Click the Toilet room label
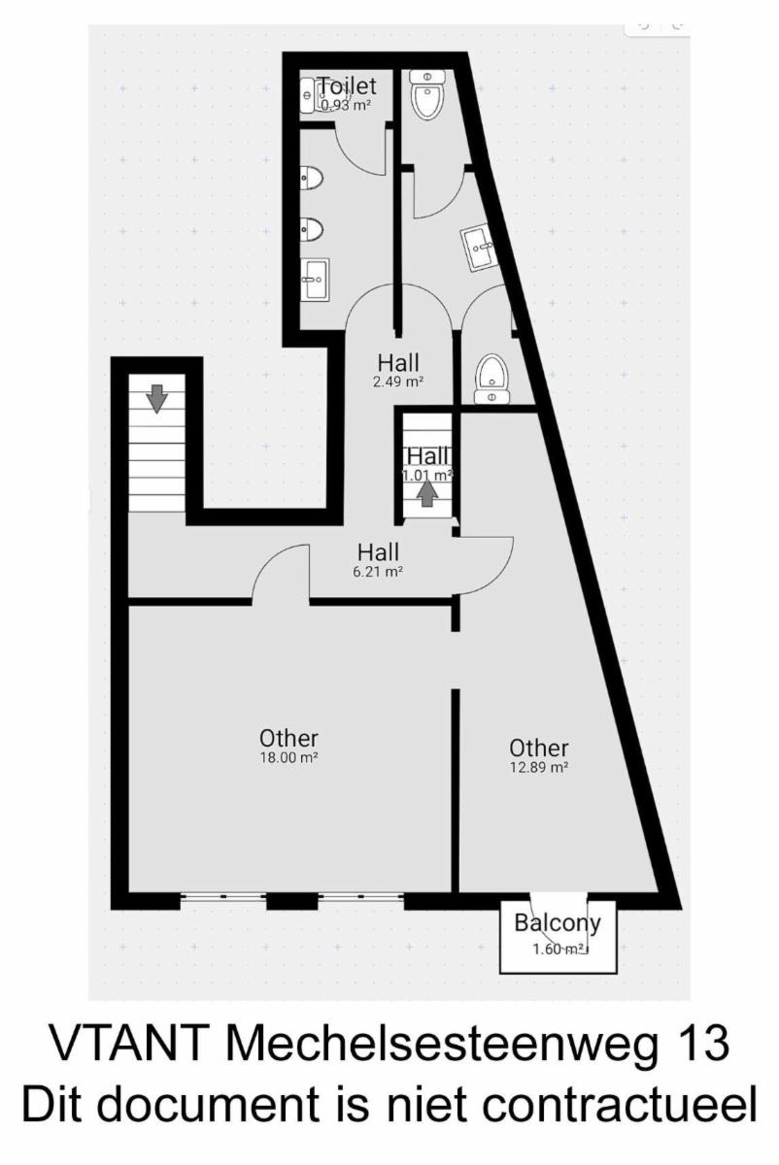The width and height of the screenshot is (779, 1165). point(347,85)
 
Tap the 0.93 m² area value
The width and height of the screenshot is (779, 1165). point(346,106)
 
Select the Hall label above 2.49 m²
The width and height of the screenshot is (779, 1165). point(398,362)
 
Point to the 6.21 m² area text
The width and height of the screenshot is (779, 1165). point(378,572)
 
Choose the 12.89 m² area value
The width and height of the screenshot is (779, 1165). point(539,767)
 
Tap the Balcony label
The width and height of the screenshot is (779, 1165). point(558,923)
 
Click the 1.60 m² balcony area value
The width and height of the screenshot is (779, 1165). point(558,949)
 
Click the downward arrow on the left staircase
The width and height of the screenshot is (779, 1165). point(156,399)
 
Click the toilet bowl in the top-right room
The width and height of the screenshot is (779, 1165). point(427,95)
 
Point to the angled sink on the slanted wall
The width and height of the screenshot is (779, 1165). point(480,250)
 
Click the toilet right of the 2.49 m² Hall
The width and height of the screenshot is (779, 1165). point(492,378)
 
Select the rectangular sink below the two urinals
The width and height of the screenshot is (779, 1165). point(316,280)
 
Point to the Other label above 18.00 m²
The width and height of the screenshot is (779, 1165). point(288,738)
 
